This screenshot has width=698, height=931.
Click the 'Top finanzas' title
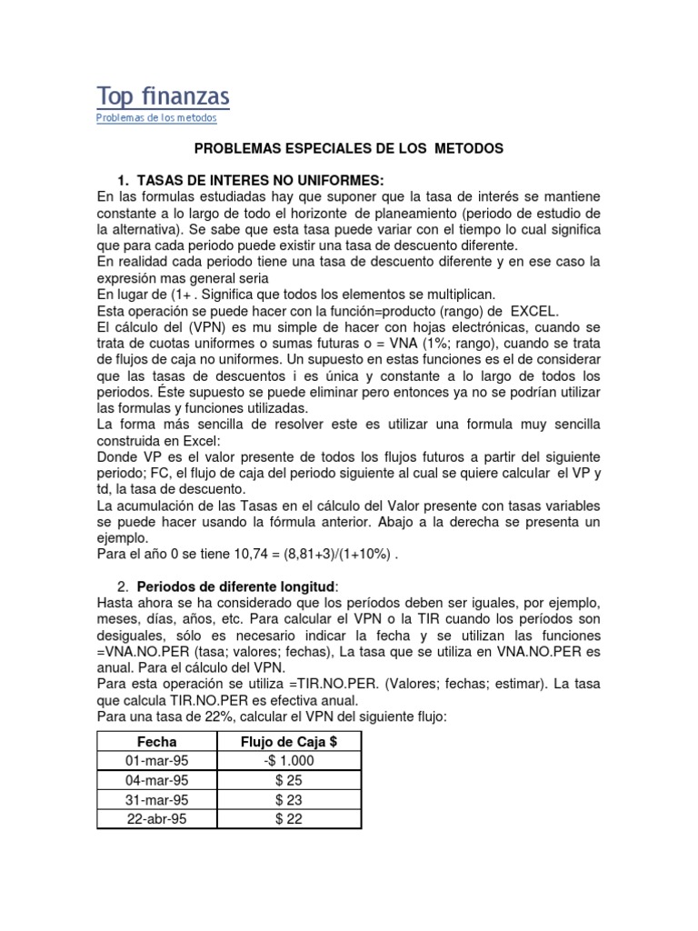pos(163,96)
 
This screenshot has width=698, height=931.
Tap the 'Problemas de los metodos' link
pos(156,118)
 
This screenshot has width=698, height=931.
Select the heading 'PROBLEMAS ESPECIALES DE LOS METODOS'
pos(349,147)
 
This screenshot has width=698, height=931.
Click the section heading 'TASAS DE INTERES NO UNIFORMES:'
pos(247,179)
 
